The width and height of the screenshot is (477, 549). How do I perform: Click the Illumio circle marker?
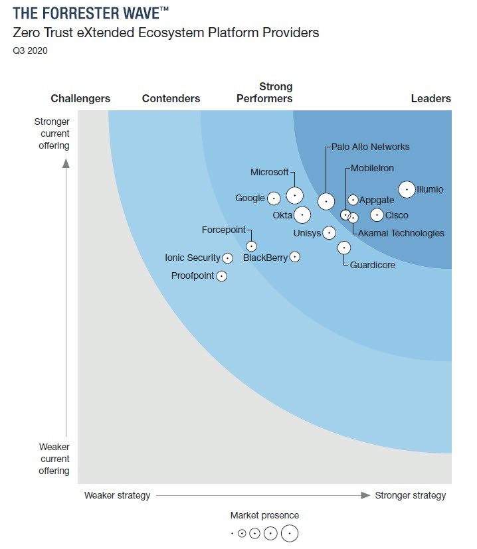(407, 190)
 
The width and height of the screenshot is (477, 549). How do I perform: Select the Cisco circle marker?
(377, 215)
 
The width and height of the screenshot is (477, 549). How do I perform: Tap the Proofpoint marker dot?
(222, 275)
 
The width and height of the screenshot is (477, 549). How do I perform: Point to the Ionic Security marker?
(228, 258)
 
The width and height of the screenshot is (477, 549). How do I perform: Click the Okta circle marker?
(302, 215)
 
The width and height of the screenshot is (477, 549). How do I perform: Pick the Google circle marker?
(273, 198)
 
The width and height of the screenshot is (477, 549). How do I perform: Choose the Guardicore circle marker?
(344, 248)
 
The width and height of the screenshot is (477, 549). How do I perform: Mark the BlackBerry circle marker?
(295, 257)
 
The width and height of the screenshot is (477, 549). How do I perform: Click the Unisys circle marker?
(328, 233)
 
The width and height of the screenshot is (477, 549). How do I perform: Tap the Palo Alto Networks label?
(371, 147)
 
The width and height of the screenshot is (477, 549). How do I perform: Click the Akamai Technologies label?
(401, 233)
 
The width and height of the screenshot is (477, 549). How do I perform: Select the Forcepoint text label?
(223, 230)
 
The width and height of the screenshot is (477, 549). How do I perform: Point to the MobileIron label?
(372, 169)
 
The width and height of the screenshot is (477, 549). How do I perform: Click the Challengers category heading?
(80, 98)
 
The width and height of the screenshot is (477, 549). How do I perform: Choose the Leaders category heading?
(430, 98)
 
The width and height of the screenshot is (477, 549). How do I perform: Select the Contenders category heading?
(171, 98)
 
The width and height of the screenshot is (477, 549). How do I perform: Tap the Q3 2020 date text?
(31, 50)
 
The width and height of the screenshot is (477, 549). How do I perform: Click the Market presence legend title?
(264, 515)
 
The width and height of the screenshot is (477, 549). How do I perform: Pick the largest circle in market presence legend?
(290, 533)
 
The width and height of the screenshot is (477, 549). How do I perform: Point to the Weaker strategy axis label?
(117, 495)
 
